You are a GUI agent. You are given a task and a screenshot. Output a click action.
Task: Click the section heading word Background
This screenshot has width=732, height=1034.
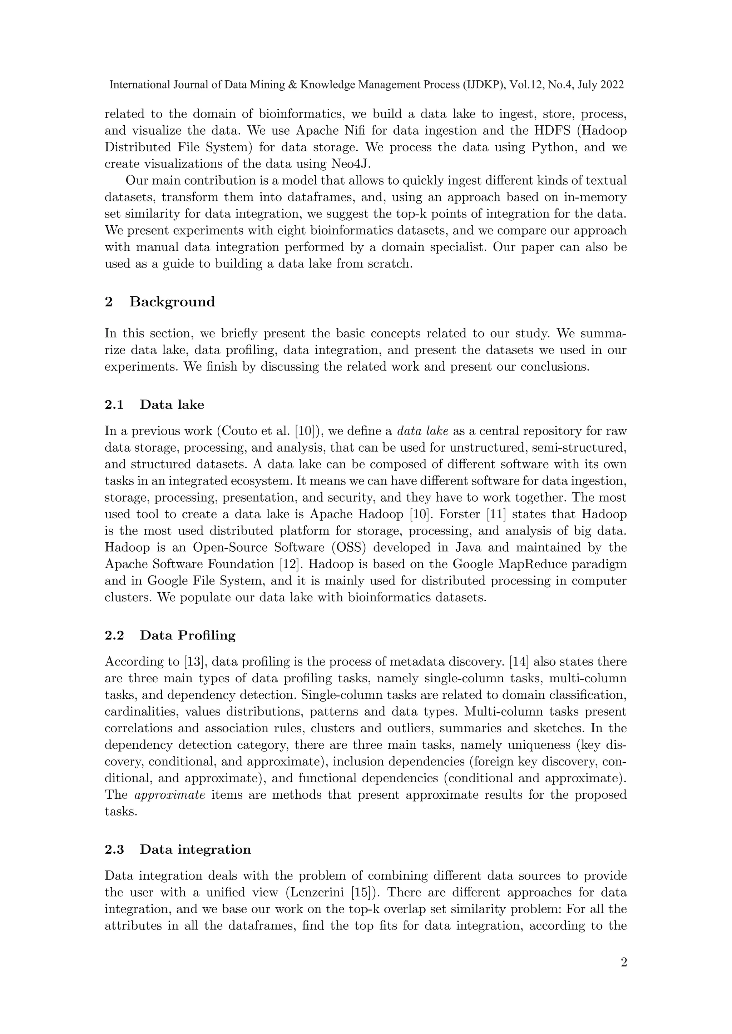(x=172, y=302)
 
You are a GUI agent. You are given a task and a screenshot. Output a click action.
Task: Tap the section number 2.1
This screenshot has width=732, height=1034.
(x=114, y=405)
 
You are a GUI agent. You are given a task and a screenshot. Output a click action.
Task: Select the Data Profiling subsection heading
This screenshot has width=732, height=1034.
(x=188, y=636)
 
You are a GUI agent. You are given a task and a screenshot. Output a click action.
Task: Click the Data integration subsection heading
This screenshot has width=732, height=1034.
(x=195, y=849)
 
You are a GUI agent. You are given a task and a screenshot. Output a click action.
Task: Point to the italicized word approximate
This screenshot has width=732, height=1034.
(x=170, y=795)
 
